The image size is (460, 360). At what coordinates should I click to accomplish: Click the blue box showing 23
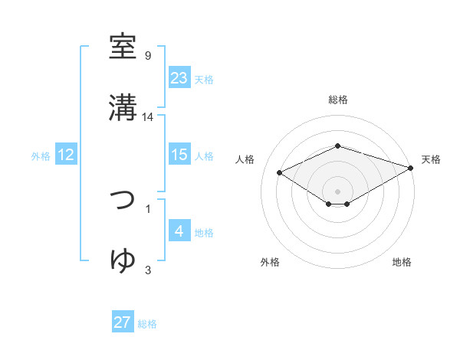tap(179, 77)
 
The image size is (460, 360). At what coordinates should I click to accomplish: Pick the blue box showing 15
tap(179, 155)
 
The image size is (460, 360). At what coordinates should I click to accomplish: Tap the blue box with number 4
tap(179, 231)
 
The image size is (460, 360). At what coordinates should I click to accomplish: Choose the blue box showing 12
tap(66, 155)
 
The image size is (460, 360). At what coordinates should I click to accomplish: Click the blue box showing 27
tap(123, 322)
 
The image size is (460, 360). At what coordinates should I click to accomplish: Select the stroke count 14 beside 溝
tap(148, 117)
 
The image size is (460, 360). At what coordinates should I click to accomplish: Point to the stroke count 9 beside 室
tap(148, 56)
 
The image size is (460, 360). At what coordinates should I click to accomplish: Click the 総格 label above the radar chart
tap(338, 100)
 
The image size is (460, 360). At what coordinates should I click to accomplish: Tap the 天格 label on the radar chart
tap(431, 159)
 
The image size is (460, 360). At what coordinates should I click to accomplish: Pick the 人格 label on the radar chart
tap(245, 159)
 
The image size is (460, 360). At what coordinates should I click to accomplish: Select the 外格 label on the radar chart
tap(270, 262)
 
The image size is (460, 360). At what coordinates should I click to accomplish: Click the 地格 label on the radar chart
tap(402, 262)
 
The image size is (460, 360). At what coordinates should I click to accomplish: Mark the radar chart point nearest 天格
tap(412, 166)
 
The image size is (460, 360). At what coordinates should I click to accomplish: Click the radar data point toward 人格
tap(279, 172)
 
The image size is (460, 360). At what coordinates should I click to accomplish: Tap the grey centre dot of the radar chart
tap(337, 191)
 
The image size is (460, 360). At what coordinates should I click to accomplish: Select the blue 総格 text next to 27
tap(147, 324)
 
